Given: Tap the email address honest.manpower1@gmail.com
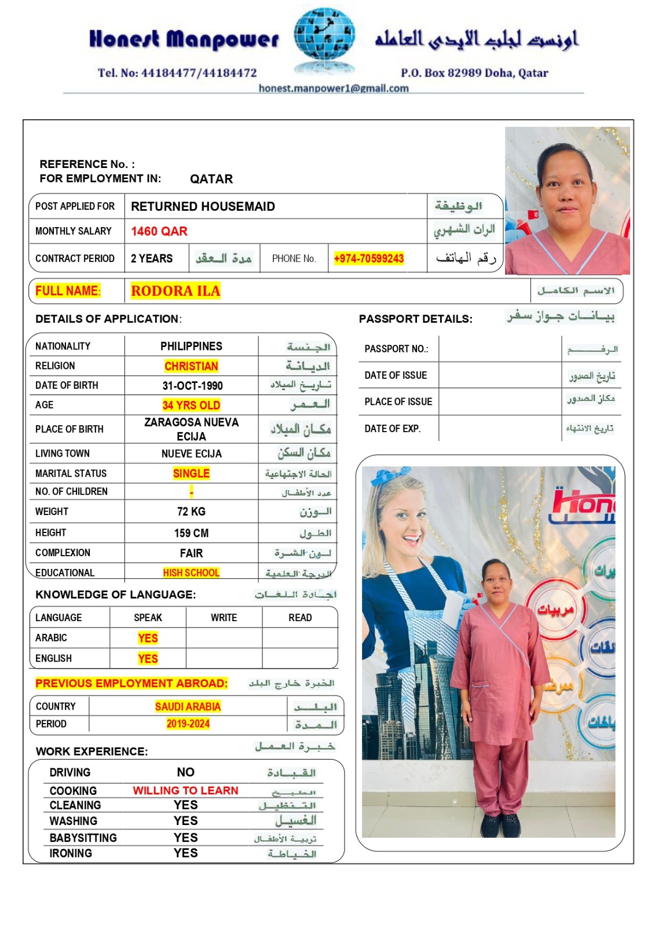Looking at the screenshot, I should [x=334, y=88].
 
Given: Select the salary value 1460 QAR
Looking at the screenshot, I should [x=159, y=231].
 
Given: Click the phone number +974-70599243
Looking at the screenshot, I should [x=369, y=258].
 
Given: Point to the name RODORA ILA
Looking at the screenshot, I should [x=175, y=291].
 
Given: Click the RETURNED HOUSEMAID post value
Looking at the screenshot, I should [x=203, y=206].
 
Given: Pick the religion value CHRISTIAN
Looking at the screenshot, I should [x=191, y=366].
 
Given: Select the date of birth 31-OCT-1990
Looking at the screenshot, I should [x=192, y=386].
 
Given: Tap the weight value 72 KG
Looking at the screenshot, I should [x=191, y=512].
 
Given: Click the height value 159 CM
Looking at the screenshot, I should [x=191, y=533].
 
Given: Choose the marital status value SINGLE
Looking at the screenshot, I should [x=191, y=473].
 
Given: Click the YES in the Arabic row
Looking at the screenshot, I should [x=148, y=638].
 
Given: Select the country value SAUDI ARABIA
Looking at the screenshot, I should [x=188, y=706].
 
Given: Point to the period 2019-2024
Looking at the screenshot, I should [x=188, y=724].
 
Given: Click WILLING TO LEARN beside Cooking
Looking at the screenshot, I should [x=185, y=790].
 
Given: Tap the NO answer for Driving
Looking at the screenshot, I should [x=185, y=772].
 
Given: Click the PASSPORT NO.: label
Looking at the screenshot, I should [x=396, y=349].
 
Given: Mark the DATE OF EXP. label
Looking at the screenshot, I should [x=392, y=429].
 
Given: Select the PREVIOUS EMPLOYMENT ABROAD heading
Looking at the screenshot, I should [x=131, y=683].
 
